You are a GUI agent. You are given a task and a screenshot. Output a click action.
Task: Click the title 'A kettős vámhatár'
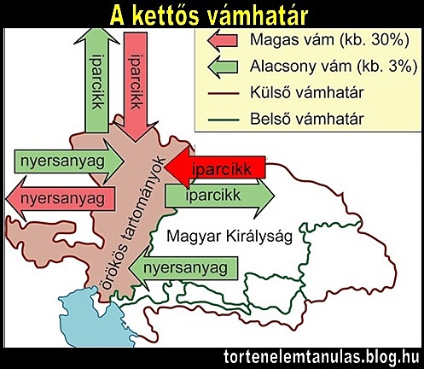tap(212, 14)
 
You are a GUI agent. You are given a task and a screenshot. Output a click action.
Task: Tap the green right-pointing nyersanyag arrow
tap(61, 161)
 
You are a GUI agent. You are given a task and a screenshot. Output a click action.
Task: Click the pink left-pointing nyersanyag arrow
tap(59, 198)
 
